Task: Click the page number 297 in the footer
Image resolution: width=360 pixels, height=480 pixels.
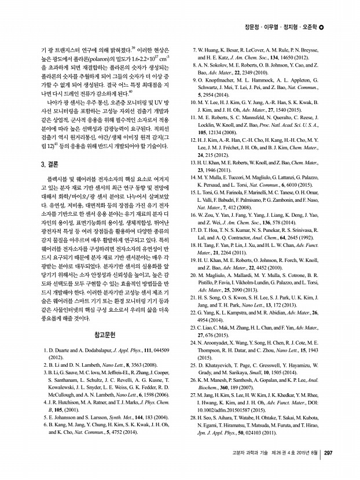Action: tap(327, 453)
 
